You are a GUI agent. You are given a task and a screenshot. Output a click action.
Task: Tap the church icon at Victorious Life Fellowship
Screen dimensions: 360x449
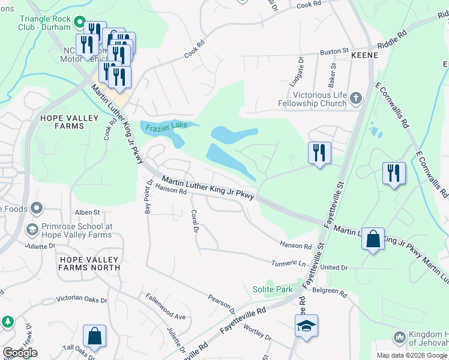[x=355, y=98]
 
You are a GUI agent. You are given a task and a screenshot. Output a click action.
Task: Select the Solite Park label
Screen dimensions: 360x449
[x=273, y=289]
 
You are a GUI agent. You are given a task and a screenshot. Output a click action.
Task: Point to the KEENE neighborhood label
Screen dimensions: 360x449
[x=364, y=55]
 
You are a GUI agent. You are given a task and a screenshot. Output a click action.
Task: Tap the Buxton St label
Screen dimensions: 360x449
[x=334, y=52]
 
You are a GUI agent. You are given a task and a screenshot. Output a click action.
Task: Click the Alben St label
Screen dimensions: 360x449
[x=87, y=212]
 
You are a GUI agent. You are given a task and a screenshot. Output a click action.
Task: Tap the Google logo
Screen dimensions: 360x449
[x=20, y=353]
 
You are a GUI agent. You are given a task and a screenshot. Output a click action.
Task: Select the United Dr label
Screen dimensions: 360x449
[x=334, y=267]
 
